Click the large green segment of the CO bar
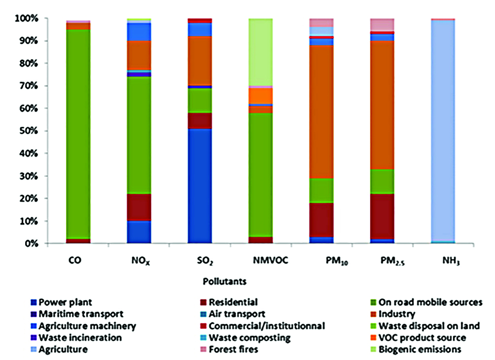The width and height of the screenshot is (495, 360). point(78,133)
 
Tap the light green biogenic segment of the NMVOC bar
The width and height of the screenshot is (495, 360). point(260,52)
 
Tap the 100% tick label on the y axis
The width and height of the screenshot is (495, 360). point(25,18)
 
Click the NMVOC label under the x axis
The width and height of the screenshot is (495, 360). point(260,260)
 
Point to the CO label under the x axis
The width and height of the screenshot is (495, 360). point(78,260)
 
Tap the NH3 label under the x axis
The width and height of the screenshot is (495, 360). point(443,261)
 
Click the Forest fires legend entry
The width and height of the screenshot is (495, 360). point(232,349)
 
